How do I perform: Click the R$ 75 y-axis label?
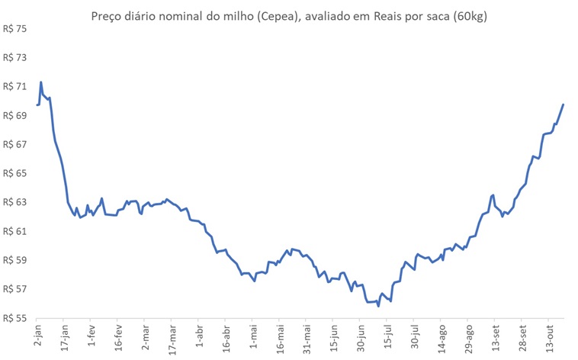pyautogui.click(x=15, y=29)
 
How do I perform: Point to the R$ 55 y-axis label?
pyautogui.click(x=15, y=318)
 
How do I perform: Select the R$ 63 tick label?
pyautogui.click(x=15, y=202)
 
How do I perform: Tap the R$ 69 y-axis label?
pyautogui.click(x=15, y=116)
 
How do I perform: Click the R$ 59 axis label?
pyautogui.click(x=15, y=260)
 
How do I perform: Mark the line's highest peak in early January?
pyautogui.click(x=40, y=82)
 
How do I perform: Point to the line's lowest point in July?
pyautogui.click(x=378, y=306)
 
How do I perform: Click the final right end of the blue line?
pyautogui.click(x=563, y=104)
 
